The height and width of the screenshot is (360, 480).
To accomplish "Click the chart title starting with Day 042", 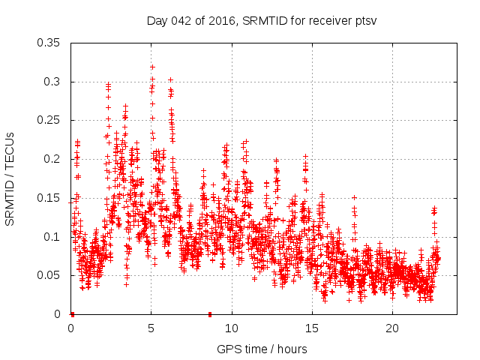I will pyautogui.click(x=260, y=20).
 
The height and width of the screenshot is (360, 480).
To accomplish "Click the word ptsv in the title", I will pyautogui.click(x=364, y=20).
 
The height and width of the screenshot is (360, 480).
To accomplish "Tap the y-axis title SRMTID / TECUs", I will pyautogui.click(x=10, y=178).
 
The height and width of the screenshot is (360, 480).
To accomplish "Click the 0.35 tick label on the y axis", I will pyautogui.click(x=49, y=42).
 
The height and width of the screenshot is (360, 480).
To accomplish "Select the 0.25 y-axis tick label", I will pyautogui.click(x=49, y=120).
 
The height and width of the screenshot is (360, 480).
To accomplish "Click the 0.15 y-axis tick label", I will pyautogui.click(x=49, y=198).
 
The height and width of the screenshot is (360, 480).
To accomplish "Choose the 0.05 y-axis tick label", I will pyautogui.click(x=49, y=275).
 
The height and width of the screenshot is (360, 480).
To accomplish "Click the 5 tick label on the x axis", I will pyautogui.click(x=151, y=328).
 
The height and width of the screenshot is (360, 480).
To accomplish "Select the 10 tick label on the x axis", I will pyautogui.click(x=232, y=328).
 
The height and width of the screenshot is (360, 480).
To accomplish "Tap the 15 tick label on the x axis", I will pyautogui.click(x=312, y=328).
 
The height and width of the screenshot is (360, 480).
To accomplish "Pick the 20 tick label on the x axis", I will pyautogui.click(x=392, y=328).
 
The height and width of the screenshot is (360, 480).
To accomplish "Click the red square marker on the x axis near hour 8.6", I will pyautogui.click(x=210, y=314).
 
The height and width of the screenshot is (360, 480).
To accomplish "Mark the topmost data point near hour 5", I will pyautogui.click(x=152, y=67).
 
